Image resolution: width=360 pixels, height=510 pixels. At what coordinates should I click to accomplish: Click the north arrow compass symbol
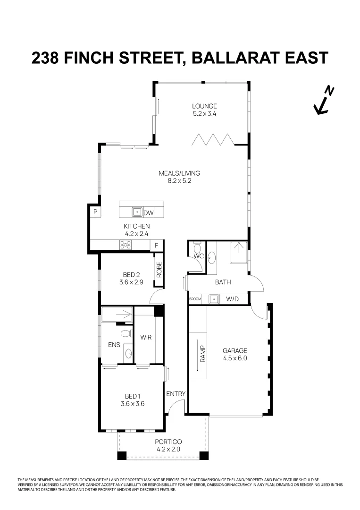(x=324, y=101)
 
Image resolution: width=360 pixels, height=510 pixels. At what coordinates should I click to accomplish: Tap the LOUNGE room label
(x=204, y=106)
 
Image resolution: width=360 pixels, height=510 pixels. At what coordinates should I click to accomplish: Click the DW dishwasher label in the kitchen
(x=149, y=213)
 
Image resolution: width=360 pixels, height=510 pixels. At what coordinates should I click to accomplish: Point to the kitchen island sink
(x=137, y=212)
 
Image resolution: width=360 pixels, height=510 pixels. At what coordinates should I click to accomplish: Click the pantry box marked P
(x=95, y=212)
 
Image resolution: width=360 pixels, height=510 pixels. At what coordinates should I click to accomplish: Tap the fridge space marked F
(x=156, y=245)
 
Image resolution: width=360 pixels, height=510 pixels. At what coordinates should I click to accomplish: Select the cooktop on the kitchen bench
(x=126, y=245)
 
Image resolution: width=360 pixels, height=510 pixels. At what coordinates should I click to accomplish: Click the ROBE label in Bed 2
(x=159, y=269)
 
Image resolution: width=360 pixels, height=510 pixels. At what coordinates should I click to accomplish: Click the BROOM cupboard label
(x=195, y=299)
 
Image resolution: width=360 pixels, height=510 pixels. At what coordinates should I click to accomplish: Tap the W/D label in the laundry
(x=232, y=299)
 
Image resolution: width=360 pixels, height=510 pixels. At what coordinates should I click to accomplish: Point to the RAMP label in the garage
(x=203, y=352)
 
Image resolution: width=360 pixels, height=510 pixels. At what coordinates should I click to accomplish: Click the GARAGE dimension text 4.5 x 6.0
(x=235, y=358)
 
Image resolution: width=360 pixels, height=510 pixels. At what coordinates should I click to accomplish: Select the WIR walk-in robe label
(x=145, y=338)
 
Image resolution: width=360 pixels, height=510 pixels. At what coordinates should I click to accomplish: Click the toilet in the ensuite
(x=125, y=334)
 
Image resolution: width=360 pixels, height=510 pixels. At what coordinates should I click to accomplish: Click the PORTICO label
(x=168, y=442)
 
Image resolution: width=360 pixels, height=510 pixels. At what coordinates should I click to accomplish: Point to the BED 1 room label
(x=132, y=396)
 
